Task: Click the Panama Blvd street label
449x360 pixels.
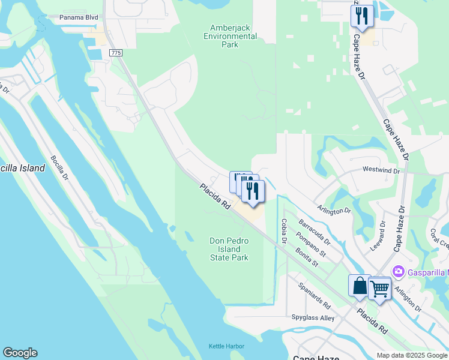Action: [79, 17]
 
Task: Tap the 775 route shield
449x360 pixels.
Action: [116, 53]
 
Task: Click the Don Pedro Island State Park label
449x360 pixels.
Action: [229, 249]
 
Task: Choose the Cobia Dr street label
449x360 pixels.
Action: [283, 231]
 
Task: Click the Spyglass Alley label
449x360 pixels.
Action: [313, 317]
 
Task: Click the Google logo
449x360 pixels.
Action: [20, 353]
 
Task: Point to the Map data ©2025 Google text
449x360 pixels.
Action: [412, 355]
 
